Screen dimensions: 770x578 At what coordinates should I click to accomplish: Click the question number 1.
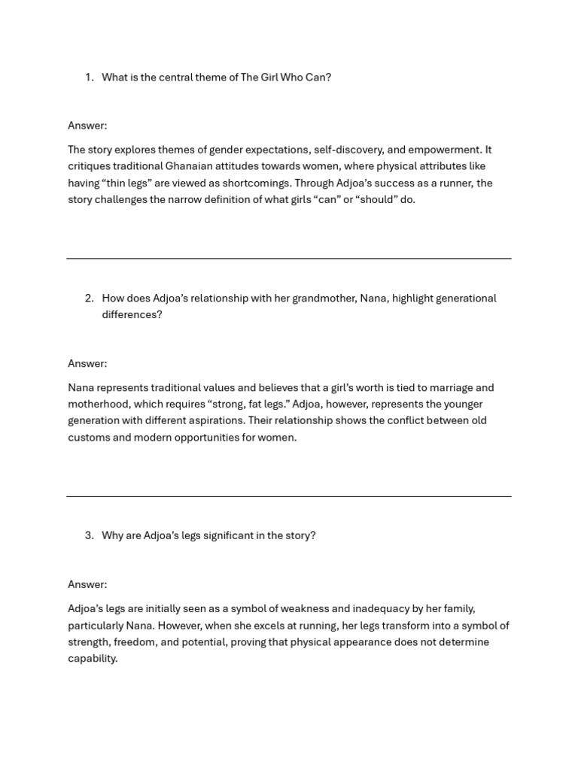pos(89,77)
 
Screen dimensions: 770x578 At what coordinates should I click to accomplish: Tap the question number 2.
pos(89,299)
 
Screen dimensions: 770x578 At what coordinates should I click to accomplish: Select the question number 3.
pos(89,535)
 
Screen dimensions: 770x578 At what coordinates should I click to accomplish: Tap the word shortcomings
pos(255,183)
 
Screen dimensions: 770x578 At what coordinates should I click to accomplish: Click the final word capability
pos(93,659)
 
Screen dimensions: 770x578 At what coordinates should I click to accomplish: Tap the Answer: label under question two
pos(87,363)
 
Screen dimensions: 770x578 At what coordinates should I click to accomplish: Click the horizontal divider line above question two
pos(289,259)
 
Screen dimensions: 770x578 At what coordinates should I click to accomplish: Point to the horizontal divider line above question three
pos(289,496)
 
